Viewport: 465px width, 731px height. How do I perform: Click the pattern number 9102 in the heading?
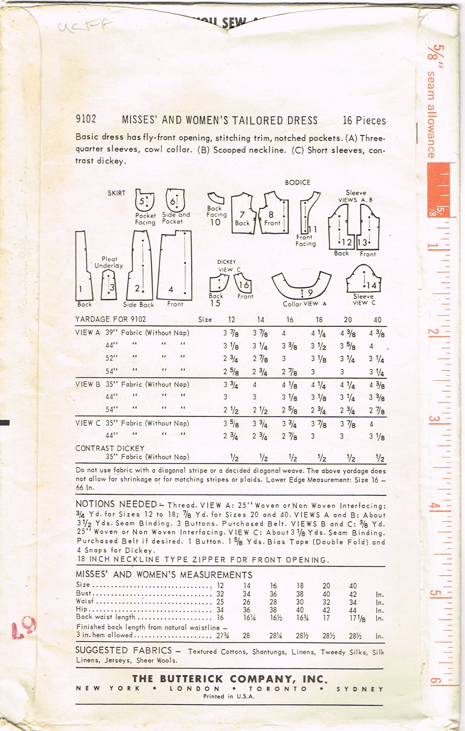86,119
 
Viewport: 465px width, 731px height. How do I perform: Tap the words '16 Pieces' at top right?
364,121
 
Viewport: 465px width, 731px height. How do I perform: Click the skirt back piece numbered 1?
83,268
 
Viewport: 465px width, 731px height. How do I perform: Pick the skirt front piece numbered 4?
175,266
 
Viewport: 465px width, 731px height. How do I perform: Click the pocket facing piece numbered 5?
144,201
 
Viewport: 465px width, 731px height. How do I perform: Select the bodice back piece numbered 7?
243,213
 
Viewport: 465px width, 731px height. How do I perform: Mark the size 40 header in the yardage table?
377,320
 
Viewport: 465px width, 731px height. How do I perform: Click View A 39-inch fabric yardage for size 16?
284,333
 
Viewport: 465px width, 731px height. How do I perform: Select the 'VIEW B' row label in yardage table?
87,384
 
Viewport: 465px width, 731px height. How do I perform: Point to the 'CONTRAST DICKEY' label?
110,448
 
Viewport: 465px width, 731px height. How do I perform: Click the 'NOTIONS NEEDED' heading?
116,504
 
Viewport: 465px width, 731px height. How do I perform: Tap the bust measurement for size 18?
300,594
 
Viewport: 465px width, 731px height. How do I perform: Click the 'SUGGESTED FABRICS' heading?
123,650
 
